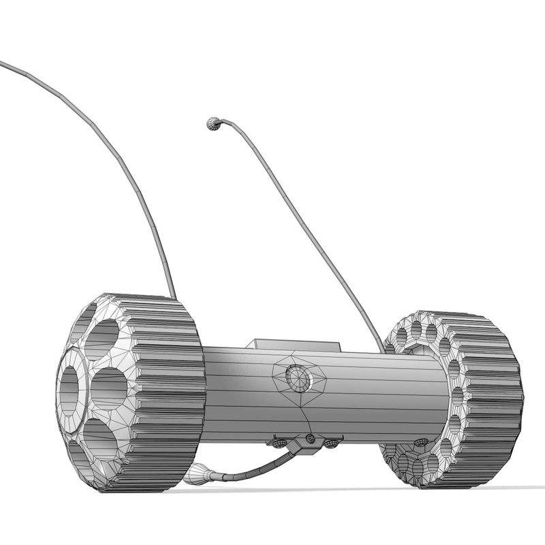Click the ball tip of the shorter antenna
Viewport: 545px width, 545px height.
(213, 123)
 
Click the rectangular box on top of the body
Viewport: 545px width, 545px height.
(293, 343)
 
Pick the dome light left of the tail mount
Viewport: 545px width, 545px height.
(280, 443)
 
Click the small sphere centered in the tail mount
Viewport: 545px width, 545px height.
(310, 437)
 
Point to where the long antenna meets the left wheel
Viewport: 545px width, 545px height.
(172, 296)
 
